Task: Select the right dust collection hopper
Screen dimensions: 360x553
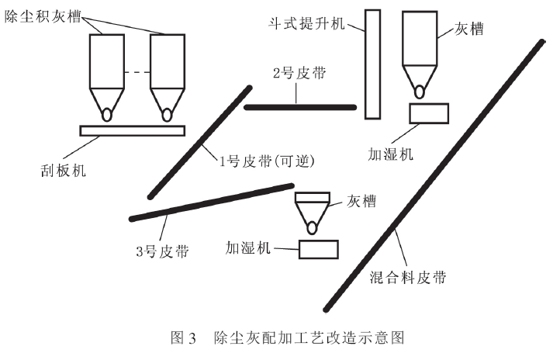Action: (x=167, y=70)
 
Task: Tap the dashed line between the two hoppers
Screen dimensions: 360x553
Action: (x=137, y=73)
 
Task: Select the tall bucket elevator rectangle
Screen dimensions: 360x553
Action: (x=372, y=64)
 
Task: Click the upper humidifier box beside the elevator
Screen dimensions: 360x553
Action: (x=427, y=113)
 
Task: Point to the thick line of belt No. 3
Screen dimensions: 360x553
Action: (x=210, y=202)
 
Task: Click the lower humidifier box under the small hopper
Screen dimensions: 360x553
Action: (x=318, y=249)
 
